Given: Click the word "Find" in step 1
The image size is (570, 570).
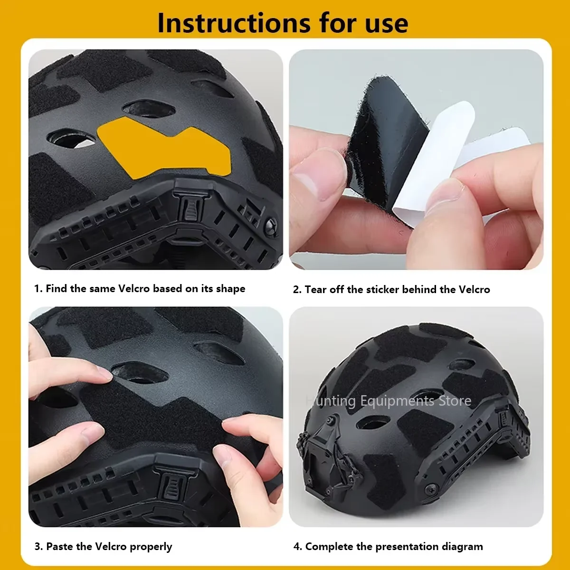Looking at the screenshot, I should pyautogui.click(x=57, y=289).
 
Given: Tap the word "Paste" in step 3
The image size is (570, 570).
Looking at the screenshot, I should pyautogui.click(x=60, y=547).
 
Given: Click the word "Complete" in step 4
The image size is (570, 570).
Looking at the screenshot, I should pyautogui.click(x=329, y=547).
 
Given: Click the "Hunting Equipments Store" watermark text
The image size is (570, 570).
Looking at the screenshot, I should pyautogui.click(x=389, y=401).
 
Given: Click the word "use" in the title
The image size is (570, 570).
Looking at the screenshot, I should pyautogui.click(x=387, y=23).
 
